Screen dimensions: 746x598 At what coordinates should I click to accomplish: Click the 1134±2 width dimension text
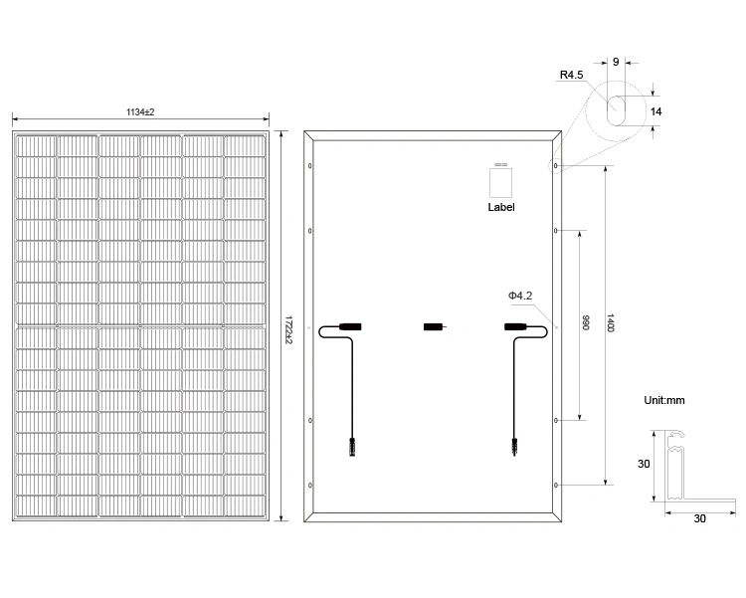point(140,112)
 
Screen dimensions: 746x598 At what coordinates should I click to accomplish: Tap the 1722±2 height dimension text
point(288,329)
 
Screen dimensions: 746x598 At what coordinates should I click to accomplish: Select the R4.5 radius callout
point(571,75)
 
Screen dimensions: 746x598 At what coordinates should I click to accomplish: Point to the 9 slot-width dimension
point(616,62)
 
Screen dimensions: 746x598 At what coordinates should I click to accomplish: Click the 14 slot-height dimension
point(656,111)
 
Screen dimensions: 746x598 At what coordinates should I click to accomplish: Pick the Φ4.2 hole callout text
point(520,296)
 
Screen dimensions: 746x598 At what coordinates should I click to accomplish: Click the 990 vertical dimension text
point(586,322)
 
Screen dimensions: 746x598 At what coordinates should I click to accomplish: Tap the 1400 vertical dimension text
point(612,322)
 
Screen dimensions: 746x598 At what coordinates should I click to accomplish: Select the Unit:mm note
point(664,400)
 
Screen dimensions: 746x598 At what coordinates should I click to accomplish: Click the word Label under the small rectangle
point(501,207)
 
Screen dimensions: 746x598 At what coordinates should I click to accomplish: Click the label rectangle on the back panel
point(501,182)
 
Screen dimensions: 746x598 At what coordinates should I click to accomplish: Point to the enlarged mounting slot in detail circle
point(616,110)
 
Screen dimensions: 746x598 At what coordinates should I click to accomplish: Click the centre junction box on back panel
point(434,327)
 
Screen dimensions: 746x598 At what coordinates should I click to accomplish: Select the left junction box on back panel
point(350,327)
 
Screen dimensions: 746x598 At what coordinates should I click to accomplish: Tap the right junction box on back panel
point(515,327)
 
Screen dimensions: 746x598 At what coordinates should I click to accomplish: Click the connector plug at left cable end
point(352,448)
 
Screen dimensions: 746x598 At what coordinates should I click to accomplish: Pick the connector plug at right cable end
point(514,448)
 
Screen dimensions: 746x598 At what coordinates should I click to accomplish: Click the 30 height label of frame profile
point(644,465)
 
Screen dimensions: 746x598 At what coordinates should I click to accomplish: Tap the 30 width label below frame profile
point(699,519)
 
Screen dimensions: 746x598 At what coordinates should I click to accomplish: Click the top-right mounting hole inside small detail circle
point(555,166)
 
